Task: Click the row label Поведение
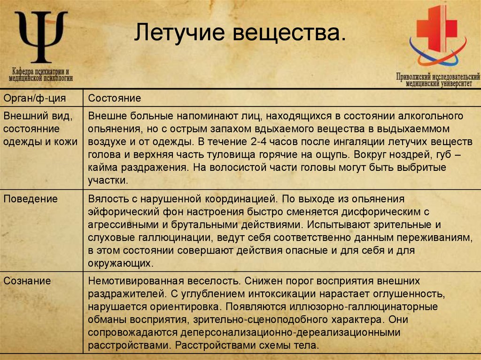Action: pyautogui.click(x=31, y=199)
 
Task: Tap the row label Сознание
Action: pyautogui.click(x=27, y=281)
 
